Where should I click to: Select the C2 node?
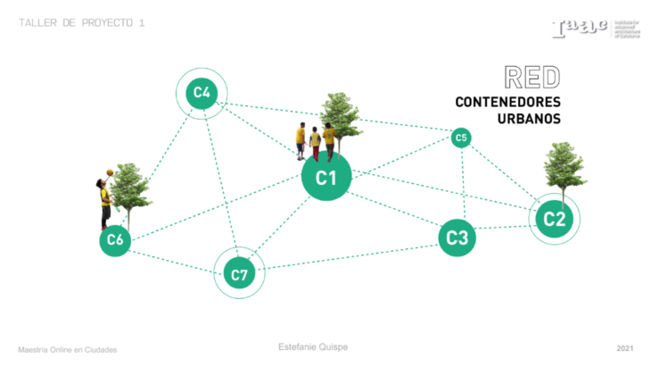click(554, 218)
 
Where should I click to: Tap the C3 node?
click(457, 238)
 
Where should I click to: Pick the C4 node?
click(202, 92)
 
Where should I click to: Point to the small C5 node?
click(460, 138)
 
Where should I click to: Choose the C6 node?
click(115, 239)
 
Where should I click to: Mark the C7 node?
click(239, 273)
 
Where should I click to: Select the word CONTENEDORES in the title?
click(507, 102)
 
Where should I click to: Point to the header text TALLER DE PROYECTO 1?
click(81, 23)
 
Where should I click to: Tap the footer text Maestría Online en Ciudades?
click(68, 349)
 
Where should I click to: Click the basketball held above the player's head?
click(109, 171)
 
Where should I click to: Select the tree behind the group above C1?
click(340, 113)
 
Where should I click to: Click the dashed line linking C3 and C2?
click(504, 228)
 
